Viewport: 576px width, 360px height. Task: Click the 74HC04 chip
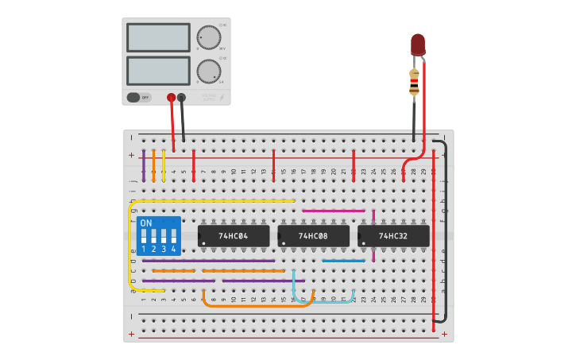pyautogui.click(x=234, y=236)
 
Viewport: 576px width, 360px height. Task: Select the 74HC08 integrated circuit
pyautogui.click(x=313, y=236)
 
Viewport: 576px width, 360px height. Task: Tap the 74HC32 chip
pyautogui.click(x=393, y=236)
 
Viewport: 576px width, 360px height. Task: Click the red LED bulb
pyautogui.click(x=418, y=45)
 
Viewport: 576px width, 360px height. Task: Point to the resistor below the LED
pyautogui.click(x=414, y=83)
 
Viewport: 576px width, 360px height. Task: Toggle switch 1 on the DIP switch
pyautogui.click(x=144, y=236)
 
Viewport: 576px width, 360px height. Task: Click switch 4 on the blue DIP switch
pyautogui.click(x=172, y=236)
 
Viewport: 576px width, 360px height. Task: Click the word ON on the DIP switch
pyautogui.click(x=146, y=223)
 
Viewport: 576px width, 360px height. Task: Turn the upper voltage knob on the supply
pyautogui.click(x=208, y=37)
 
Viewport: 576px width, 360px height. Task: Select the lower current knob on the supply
pyautogui.click(x=208, y=71)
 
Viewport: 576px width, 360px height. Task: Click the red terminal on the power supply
pyautogui.click(x=171, y=98)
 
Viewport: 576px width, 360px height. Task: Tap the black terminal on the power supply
pyautogui.click(x=181, y=98)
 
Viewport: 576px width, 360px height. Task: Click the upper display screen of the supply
pyautogui.click(x=158, y=37)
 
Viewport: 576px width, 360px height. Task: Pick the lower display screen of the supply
pyautogui.click(x=158, y=71)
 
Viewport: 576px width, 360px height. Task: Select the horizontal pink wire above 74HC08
pyautogui.click(x=334, y=211)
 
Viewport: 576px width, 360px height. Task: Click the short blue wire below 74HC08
pyautogui.click(x=343, y=261)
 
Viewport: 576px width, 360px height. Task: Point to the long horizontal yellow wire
pyautogui.click(x=215, y=201)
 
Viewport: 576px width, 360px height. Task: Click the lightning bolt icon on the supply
pyautogui.click(x=222, y=98)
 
